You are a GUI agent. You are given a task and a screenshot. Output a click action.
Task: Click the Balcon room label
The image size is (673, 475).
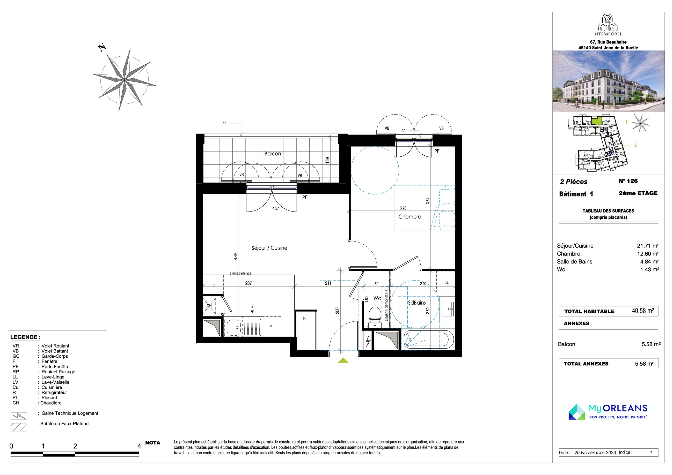point(273,154)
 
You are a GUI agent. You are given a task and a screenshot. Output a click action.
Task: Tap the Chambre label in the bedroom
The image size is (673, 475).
point(410,217)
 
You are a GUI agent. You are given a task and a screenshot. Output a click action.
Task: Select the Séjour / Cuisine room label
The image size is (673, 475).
point(269,248)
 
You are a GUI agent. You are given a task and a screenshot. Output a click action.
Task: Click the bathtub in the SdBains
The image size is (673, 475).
point(429,340)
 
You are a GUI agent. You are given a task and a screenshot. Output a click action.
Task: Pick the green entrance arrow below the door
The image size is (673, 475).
point(343,360)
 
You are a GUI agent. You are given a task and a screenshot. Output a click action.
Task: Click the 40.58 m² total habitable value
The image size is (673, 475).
point(643,311)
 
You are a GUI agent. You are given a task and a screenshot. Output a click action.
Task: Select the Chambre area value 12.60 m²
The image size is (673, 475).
point(648,254)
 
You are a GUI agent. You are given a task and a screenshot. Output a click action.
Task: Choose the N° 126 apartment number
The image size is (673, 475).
point(628,181)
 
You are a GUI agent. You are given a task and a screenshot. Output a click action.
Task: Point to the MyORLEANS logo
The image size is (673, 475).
point(608,412)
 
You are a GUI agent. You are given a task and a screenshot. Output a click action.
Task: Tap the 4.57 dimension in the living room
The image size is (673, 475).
point(275,208)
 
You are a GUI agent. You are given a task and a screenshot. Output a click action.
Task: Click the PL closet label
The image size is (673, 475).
point(305,319)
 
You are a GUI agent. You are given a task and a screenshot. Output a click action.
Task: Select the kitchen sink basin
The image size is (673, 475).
point(233,328)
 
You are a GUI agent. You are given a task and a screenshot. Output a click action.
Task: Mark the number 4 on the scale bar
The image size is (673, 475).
point(139,446)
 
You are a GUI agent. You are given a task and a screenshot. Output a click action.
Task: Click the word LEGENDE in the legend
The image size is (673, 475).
point(24,337)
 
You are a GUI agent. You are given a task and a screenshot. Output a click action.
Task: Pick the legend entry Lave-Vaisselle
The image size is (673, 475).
point(55,382)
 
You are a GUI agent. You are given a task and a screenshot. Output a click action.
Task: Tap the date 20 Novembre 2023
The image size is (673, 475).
point(595,453)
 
